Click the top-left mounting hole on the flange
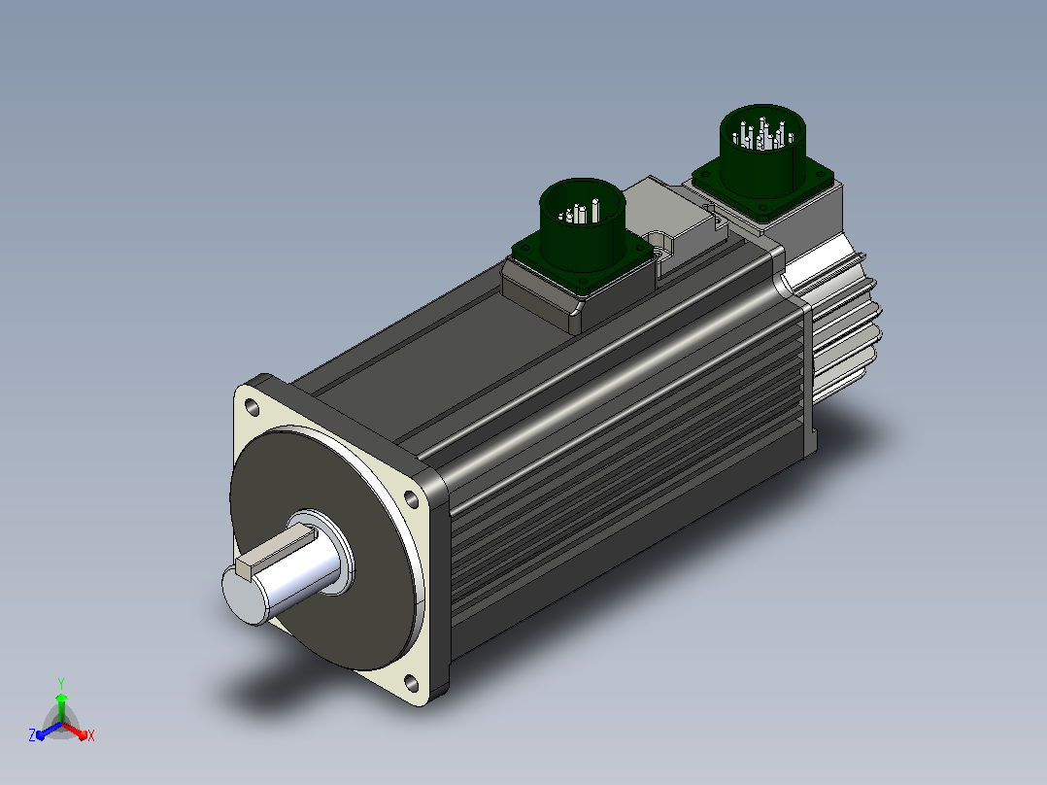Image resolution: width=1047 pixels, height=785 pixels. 253,406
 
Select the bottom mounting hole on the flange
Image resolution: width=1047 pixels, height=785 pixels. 412,683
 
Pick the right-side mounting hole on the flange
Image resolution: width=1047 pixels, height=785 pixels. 412,499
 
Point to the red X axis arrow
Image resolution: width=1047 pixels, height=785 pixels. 75,730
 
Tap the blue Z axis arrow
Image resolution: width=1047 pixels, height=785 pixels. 49,731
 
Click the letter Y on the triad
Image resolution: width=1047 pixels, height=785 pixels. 61,683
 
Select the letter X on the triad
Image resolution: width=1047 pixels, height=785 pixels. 91,735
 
